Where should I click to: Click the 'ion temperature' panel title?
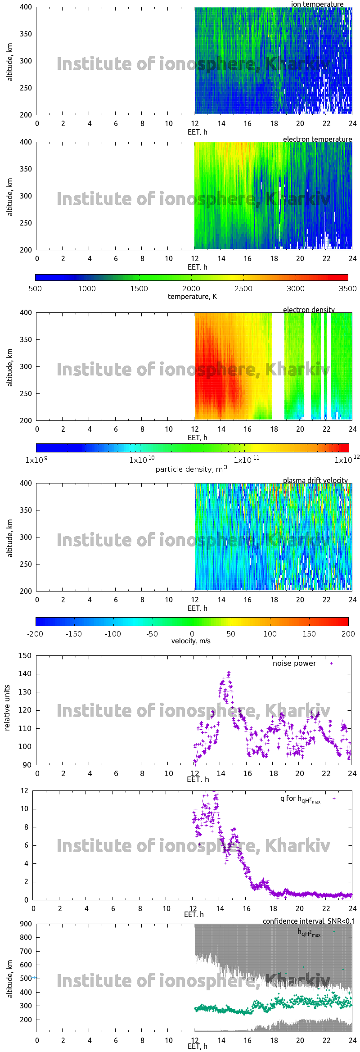click(317, 4)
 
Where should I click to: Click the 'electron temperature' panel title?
click(317, 139)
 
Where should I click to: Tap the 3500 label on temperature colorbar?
click(347, 289)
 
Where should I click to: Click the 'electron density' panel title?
click(309, 310)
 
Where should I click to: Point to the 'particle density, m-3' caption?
click(191, 469)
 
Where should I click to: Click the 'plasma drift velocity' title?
click(315, 480)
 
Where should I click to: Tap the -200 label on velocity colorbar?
click(35, 634)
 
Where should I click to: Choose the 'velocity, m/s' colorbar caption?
click(191, 641)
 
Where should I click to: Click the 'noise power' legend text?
click(294, 664)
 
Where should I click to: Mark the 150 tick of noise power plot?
click(25, 656)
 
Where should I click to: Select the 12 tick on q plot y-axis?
click(24, 790)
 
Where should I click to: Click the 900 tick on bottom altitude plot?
click(26, 924)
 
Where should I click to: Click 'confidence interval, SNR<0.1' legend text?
click(309, 921)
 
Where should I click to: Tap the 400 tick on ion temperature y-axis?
click(26, 7)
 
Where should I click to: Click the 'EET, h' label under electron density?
click(198, 438)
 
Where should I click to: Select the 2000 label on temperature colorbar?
click(191, 289)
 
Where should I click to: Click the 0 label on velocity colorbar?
click(192, 634)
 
